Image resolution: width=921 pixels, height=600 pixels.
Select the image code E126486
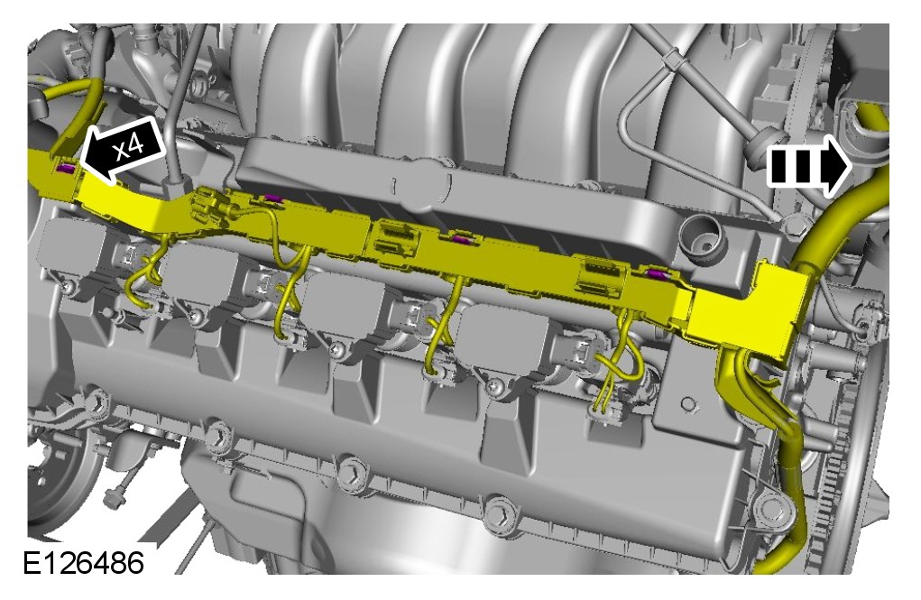pyautogui.click(x=83, y=564)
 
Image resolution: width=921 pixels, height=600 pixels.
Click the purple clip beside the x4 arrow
pyautogui.click(x=65, y=170)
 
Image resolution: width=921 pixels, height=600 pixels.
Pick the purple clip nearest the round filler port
pyautogui.click(x=656, y=273)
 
